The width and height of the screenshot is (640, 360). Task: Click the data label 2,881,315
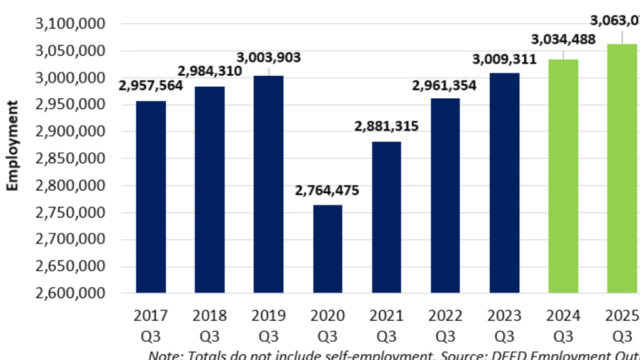387,127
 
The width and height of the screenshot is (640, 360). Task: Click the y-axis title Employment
14,146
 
